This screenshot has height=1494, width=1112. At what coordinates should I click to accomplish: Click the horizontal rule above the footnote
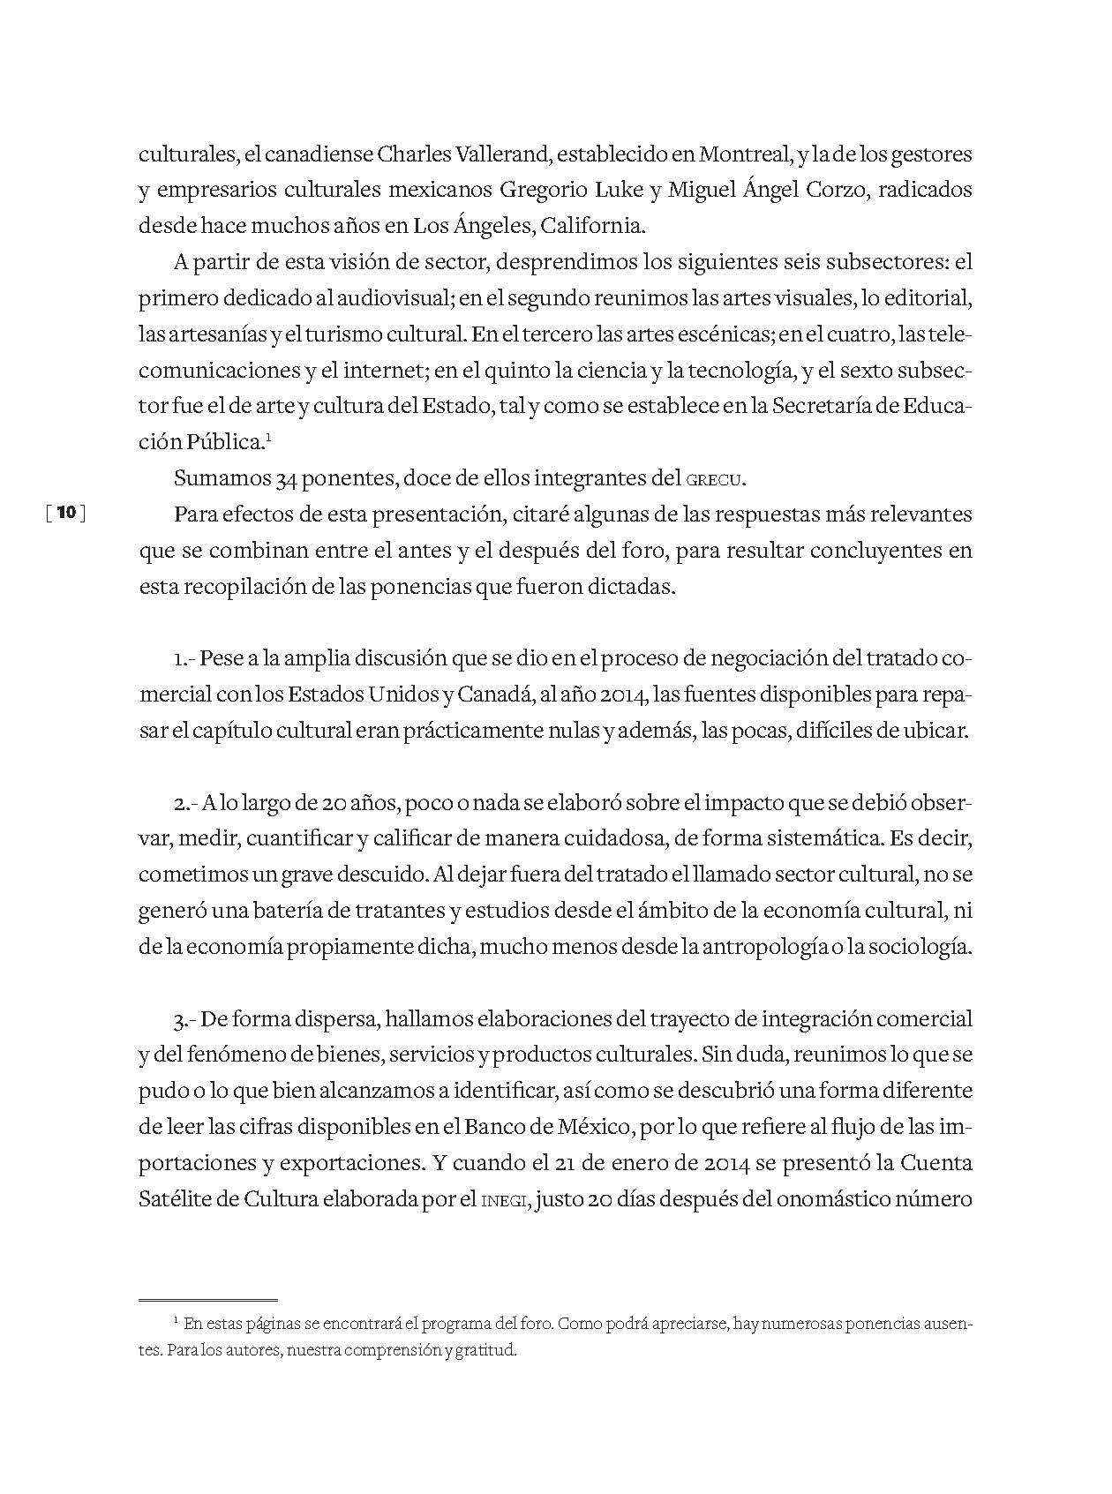click(208, 1300)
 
